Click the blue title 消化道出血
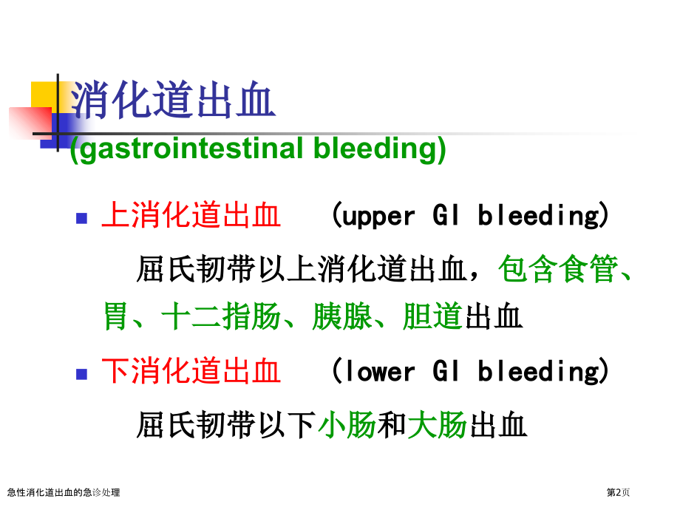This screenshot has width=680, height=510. point(173,100)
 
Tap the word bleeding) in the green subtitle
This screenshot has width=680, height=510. point(379,149)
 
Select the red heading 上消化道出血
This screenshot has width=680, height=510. point(191,214)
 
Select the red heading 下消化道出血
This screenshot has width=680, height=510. point(191,371)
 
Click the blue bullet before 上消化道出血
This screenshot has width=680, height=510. point(81,218)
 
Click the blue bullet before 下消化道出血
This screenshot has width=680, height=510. point(81,374)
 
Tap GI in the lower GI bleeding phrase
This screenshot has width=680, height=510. point(446,371)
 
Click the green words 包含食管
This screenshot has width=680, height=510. point(558,269)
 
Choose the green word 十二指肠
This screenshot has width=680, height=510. point(221,316)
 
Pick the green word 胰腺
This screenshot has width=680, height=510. point(342,316)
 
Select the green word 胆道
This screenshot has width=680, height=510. point(432,316)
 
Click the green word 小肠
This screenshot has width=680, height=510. point(347,424)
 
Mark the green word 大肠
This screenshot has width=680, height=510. point(437,424)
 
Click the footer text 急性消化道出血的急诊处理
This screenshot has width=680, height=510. point(64,492)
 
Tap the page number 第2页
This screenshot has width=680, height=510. point(618,492)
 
